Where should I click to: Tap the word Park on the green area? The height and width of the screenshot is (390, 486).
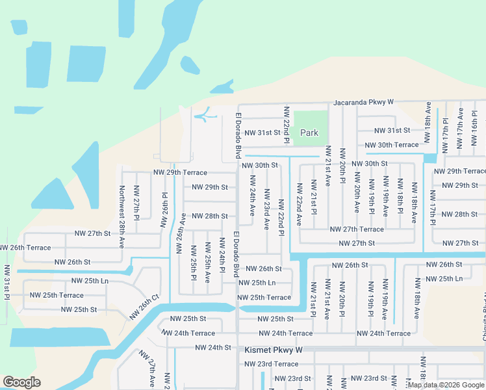[x=309, y=133]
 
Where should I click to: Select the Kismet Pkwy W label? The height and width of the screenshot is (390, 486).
[x=274, y=350]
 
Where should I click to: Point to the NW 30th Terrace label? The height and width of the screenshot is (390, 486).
[x=392, y=145]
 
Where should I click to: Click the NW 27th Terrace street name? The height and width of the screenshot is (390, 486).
[x=356, y=229]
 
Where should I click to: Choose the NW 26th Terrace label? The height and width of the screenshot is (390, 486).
[x=25, y=248]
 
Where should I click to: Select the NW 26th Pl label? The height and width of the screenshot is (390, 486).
[x=164, y=209]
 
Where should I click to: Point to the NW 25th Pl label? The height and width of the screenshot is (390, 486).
[x=193, y=259]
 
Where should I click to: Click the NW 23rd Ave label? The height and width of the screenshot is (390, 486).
[x=266, y=209]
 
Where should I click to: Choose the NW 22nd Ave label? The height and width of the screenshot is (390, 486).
[x=300, y=204]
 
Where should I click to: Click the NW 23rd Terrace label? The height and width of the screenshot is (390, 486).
[x=271, y=364]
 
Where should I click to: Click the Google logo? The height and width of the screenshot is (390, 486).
[x=22, y=382]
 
